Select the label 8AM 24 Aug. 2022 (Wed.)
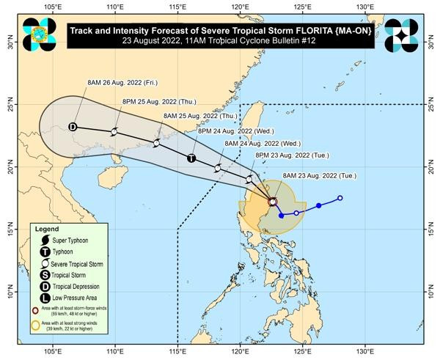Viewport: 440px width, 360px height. (262, 143)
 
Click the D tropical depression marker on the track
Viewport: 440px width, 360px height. (73, 127)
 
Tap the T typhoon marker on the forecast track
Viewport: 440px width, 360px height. (191, 158)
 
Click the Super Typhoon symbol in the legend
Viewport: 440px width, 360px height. (45, 240)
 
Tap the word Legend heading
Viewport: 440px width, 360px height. (48, 229)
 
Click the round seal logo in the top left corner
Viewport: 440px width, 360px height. (39, 34)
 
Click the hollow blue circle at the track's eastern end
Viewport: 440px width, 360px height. (340, 198)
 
